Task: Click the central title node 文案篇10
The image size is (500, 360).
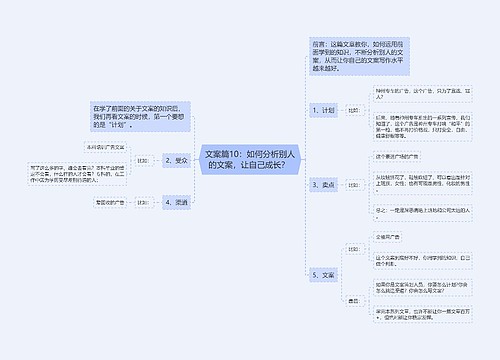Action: (247, 160)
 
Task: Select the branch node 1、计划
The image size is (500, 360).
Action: (324, 110)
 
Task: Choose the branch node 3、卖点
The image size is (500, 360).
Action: (324, 184)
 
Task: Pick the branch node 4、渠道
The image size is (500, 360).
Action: (176, 201)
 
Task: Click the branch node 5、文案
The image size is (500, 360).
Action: (324, 273)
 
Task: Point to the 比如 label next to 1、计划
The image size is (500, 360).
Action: (353, 110)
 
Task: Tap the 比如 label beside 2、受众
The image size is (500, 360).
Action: (141, 160)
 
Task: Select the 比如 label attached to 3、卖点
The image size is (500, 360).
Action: (353, 184)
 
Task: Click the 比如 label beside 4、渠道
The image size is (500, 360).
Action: (141, 202)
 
